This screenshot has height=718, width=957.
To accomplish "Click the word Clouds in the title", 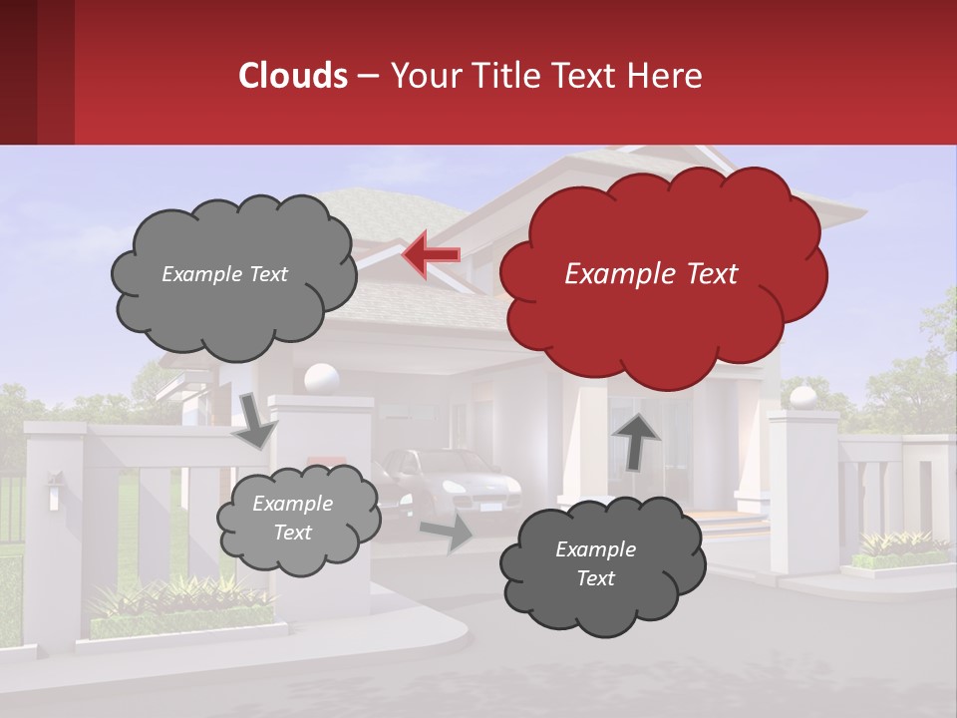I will click(x=292, y=76).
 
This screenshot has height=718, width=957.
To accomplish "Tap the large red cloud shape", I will click(x=663, y=274).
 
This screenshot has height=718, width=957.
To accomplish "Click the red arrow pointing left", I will click(x=432, y=255).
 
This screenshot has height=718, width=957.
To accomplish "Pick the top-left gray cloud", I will click(x=233, y=274).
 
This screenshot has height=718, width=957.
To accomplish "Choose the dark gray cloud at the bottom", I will click(x=595, y=564).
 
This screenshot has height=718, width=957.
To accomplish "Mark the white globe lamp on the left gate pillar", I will click(x=321, y=378).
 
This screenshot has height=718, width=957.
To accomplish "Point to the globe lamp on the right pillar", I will click(x=802, y=398).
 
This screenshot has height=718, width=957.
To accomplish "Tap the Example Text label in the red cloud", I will click(x=651, y=274).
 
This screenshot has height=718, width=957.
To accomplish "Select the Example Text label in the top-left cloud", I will click(x=224, y=274).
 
